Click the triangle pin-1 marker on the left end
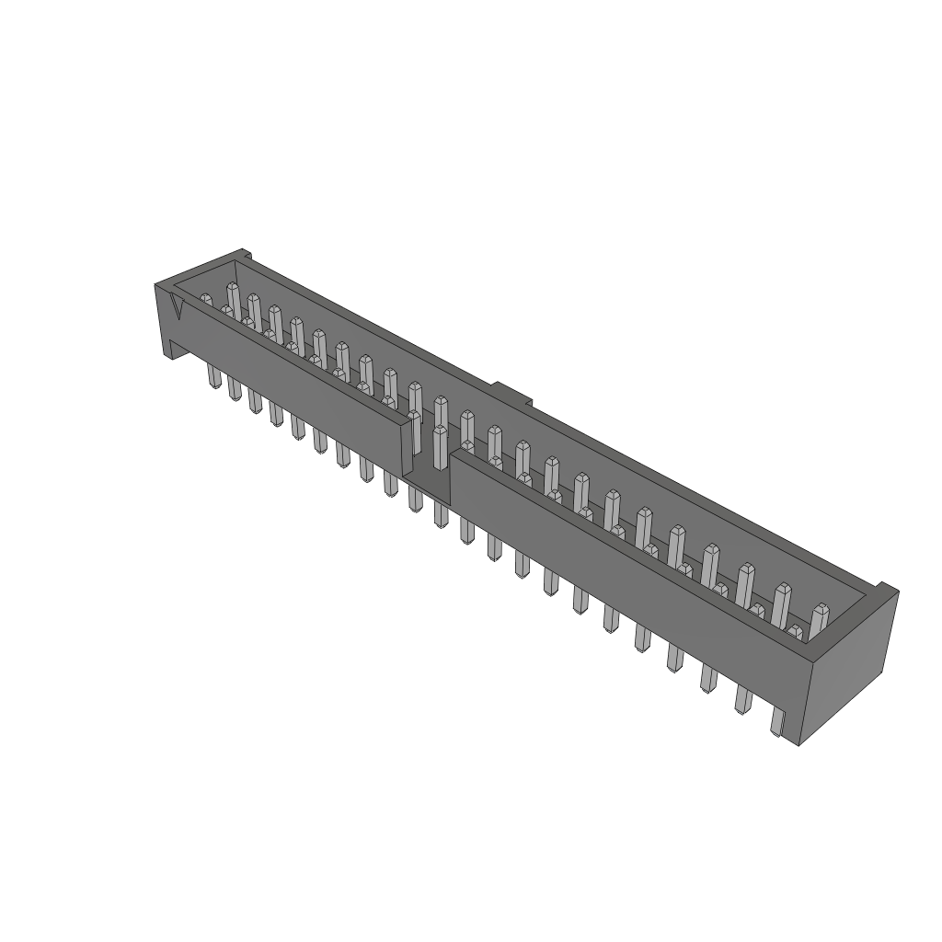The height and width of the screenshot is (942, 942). [x=178, y=307]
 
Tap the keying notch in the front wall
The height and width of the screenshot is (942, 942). [x=428, y=460]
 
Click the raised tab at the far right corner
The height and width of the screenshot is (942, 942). [x=885, y=588]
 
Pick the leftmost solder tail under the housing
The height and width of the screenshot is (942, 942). [x=213, y=375]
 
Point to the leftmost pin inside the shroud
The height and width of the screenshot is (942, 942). [x=207, y=302]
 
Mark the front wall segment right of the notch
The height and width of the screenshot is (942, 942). [x=626, y=570]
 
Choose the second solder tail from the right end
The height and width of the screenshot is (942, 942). [x=707, y=678]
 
